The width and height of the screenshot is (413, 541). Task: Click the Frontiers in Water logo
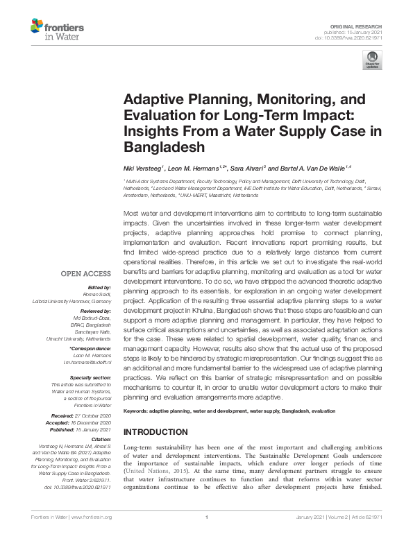(x=57, y=31)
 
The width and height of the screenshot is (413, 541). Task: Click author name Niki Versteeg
(x=142, y=168)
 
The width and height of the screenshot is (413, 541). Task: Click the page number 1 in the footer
(x=206, y=536)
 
